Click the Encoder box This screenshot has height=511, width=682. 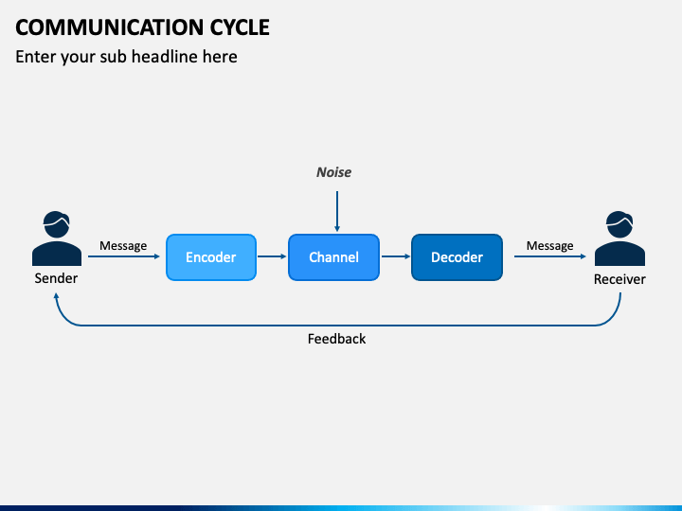[211, 257]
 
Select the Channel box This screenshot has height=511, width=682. [333, 257]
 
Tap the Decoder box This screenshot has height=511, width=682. [457, 257]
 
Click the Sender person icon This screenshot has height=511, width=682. [57, 238]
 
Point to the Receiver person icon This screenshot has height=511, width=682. [619, 238]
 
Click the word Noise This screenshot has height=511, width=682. [333, 172]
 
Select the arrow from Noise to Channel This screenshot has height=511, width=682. [337, 211]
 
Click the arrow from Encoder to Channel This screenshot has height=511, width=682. [272, 256]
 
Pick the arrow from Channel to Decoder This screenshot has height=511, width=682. [396, 256]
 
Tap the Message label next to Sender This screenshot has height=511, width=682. [123, 246]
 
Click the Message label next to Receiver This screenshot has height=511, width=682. [549, 246]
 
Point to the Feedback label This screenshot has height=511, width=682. [336, 339]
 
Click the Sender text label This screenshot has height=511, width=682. [56, 278]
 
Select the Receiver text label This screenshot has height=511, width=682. [619, 279]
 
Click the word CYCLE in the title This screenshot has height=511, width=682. [240, 27]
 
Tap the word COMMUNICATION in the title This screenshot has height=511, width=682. [110, 27]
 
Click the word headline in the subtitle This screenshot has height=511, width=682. [165, 57]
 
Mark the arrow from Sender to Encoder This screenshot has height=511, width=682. [124, 256]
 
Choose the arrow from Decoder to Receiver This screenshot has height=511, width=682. [550, 256]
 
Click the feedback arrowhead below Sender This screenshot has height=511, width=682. [56, 296]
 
